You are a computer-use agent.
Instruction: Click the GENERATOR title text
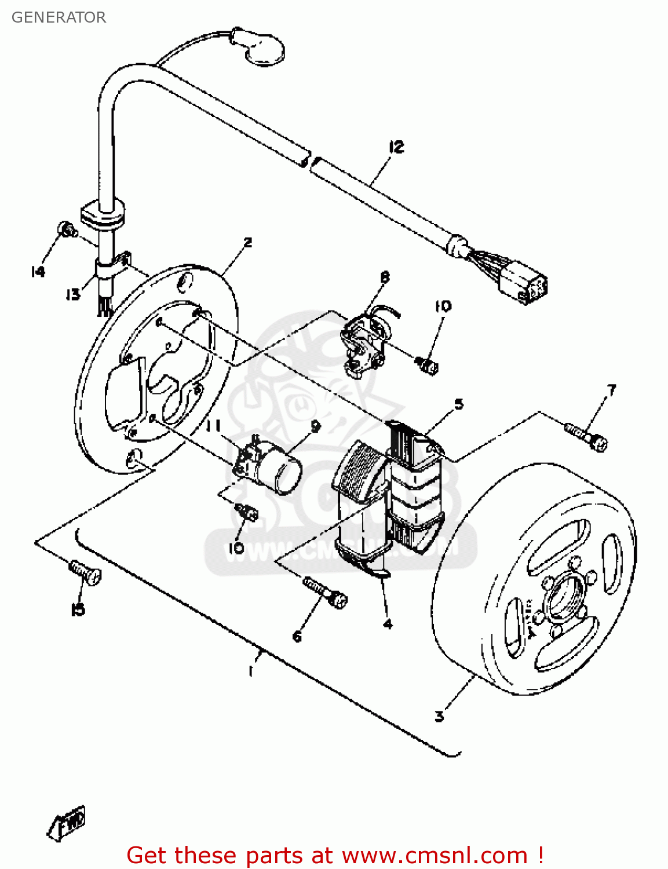coord(59,17)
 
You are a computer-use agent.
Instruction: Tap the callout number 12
coord(396,147)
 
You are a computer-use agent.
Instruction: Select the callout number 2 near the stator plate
coord(247,242)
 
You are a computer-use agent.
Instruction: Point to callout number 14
coord(38,271)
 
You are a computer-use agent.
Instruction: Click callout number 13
coord(72,295)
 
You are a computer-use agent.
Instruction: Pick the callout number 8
coord(385,278)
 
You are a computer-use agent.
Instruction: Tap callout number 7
coord(611,390)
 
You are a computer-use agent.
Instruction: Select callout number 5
coord(459,404)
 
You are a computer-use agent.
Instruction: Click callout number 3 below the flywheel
coord(439,716)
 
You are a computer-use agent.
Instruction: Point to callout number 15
coord(78,609)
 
